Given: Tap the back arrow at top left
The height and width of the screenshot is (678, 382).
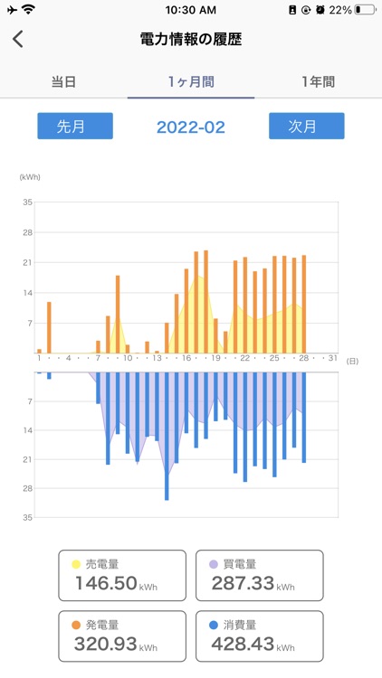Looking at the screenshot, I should (18, 40).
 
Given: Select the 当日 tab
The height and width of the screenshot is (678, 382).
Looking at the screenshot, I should (63, 81).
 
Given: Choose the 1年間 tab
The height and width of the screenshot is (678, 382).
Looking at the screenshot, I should (318, 81).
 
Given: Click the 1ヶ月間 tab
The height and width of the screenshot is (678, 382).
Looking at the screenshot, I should (191, 81).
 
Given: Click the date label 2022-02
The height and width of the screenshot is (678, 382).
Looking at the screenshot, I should (191, 127).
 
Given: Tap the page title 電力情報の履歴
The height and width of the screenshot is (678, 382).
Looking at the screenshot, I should (191, 40).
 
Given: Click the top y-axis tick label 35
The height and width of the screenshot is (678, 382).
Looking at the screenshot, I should (27, 202).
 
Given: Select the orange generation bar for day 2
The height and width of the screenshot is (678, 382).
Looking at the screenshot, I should (49, 327).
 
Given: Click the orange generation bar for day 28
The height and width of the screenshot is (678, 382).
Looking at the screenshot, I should (304, 304).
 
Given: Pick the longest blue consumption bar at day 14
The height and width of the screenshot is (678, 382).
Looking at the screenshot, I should (167, 436).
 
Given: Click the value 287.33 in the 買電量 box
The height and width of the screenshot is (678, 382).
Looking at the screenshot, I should (243, 584).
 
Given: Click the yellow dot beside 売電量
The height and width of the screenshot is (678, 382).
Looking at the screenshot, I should (76, 564).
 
